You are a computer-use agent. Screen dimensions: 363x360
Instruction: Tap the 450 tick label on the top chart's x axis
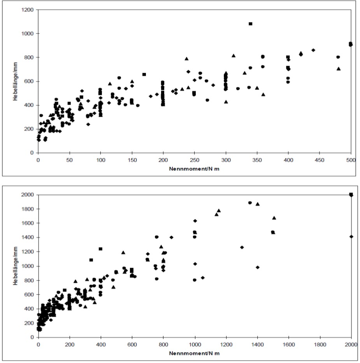pyautogui.click(x=320, y=160)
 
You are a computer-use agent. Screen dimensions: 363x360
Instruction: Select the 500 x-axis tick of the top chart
pyautogui.click(x=351, y=160)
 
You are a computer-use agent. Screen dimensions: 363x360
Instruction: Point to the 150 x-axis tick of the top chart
pyautogui.click(x=132, y=160)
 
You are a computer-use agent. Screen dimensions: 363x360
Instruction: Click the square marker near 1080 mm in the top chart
pyautogui.click(x=250, y=24)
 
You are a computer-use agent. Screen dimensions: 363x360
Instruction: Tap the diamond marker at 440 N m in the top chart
pyautogui.click(x=313, y=50)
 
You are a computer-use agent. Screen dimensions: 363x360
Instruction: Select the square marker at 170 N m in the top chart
pyautogui.click(x=144, y=74)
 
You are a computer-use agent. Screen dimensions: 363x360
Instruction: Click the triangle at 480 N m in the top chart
pyautogui.click(x=339, y=68)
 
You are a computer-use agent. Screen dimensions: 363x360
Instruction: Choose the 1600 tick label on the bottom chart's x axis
pyautogui.click(x=288, y=344)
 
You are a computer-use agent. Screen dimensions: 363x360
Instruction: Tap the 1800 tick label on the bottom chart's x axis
pyautogui.click(x=320, y=344)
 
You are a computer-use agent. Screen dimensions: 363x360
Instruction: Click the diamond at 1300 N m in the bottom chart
pyautogui.click(x=242, y=247)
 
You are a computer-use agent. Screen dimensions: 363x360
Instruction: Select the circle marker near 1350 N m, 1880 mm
pyautogui.click(x=250, y=203)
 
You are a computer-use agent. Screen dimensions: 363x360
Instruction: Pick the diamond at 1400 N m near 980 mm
pyautogui.click(x=258, y=267)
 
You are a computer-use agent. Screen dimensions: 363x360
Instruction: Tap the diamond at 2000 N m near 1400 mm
pyautogui.click(x=351, y=237)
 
